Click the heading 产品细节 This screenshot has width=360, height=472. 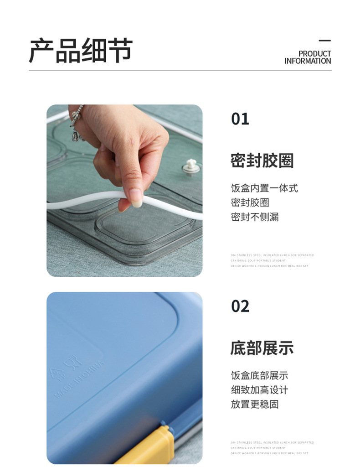pos(81,51)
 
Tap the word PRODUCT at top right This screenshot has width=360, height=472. pos(314,54)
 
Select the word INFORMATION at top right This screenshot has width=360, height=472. pos(308,61)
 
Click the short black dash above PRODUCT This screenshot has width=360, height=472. pos(325,41)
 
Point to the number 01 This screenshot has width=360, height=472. pos(240,119)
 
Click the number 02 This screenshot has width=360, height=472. pos(240,306)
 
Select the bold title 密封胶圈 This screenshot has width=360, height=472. pos(262,161)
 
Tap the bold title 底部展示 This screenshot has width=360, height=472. pos(262,348)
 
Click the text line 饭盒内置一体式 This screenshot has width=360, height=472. pos(264,188)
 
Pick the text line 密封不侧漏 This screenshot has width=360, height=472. pos(255,217)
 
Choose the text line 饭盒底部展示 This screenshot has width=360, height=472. pos(259,376)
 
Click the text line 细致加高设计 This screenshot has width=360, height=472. pos(259,390)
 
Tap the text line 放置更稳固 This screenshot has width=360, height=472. pos(255,404)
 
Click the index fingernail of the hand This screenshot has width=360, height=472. pos(135,198)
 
